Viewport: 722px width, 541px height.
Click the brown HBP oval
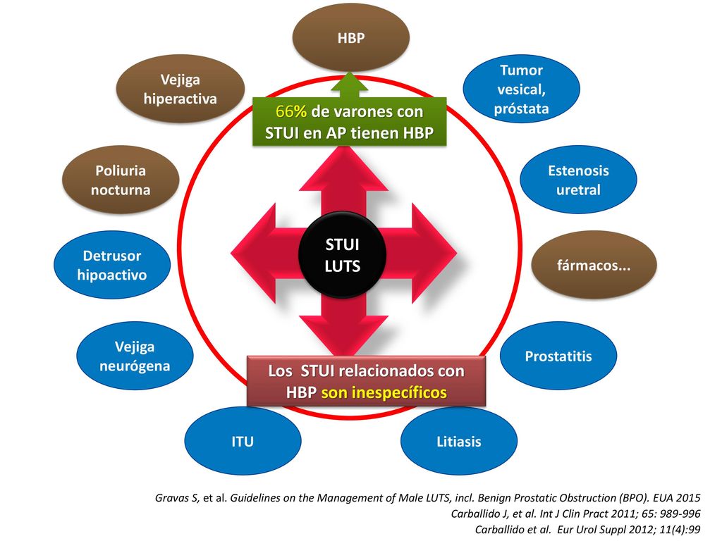point(351,38)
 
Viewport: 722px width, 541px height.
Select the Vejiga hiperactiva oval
point(180,89)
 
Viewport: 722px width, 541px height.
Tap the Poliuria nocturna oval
point(121,180)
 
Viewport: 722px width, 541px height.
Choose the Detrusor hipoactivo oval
point(112,265)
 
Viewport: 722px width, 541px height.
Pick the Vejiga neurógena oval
point(135,356)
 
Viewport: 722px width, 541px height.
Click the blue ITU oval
point(243,441)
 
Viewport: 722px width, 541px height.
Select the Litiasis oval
point(459,441)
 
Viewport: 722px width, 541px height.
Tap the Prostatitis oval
point(558,356)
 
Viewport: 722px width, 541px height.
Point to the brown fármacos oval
point(594,265)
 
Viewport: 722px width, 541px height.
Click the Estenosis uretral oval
point(578,180)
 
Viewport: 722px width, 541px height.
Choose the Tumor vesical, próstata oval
point(521,89)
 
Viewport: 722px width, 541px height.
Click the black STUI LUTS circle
point(342,254)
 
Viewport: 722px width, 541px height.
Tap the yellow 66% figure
point(291,111)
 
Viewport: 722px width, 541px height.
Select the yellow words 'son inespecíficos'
point(384,392)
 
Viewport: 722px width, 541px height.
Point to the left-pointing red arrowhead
point(253,253)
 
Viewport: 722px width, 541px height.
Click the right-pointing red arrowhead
point(434,253)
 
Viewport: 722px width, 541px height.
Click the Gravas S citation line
point(428,498)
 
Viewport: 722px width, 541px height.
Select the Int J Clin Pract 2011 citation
point(575,514)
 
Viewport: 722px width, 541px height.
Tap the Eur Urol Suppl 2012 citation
point(588,530)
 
